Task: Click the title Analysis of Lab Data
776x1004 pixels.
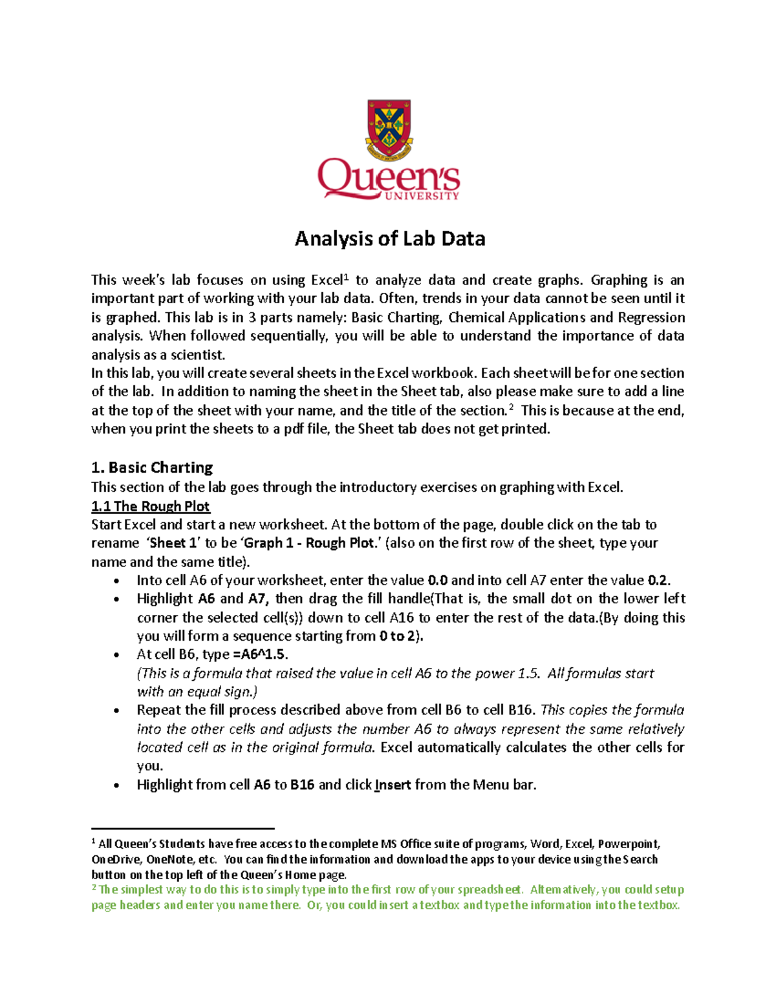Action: (x=390, y=239)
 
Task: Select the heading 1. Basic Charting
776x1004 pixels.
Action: (x=152, y=467)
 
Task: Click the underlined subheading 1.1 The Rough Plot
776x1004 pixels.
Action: (x=151, y=506)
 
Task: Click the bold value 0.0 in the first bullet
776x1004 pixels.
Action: (x=438, y=581)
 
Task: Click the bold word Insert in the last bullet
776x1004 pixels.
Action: (x=393, y=785)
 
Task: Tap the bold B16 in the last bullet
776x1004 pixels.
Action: (x=303, y=785)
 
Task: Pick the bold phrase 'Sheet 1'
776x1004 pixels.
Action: (x=173, y=543)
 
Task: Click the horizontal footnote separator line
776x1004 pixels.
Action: (x=183, y=828)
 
